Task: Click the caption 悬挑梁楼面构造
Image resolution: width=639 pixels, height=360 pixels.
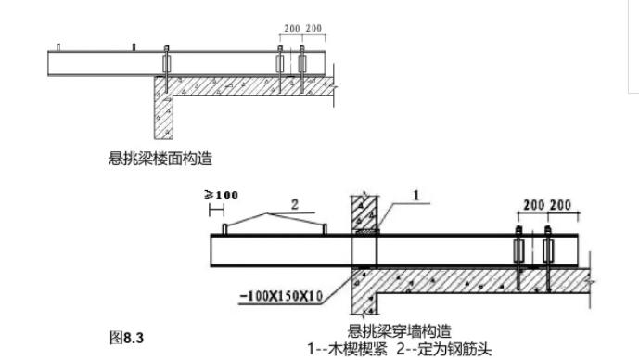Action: click(160, 159)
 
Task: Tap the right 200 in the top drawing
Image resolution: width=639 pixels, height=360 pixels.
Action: click(313, 29)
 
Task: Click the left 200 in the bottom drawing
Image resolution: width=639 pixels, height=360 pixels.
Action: click(532, 204)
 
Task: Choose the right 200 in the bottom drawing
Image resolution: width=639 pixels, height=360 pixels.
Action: click(559, 204)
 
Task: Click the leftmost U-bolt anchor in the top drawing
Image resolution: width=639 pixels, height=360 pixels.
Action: click(165, 64)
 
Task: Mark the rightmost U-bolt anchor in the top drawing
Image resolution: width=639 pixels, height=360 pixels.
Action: click(302, 64)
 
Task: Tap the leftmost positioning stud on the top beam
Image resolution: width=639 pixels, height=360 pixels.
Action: click(58, 45)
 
